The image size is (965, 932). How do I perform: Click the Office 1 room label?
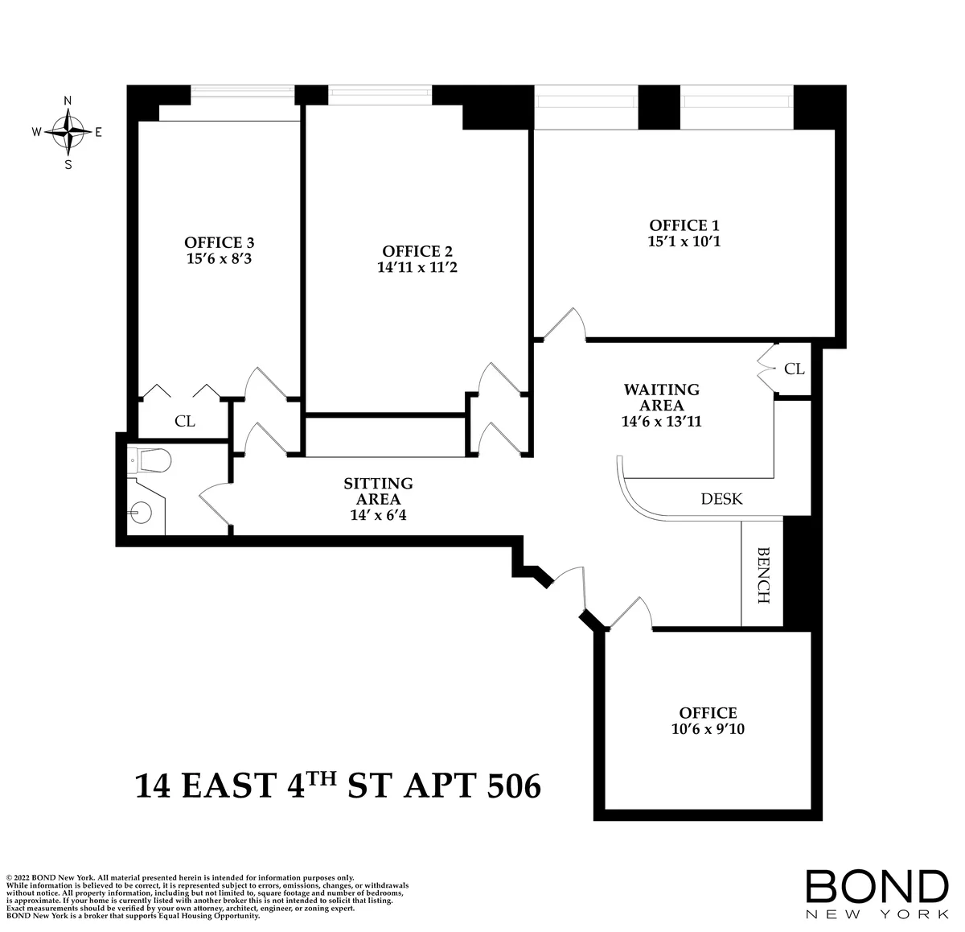tap(684, 225)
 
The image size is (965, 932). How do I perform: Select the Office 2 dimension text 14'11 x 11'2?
tap(417, 267)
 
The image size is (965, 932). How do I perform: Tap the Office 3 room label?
tap(220, 242)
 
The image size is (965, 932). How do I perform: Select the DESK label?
tap(721, 499)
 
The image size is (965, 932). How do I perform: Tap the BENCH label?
tap(762, 575)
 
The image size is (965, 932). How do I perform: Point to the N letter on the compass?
tap(68, 101)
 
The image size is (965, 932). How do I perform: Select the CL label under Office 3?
tap(184, 422)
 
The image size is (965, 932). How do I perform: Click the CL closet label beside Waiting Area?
tap(794, 369)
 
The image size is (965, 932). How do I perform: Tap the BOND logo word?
tap(877, 885)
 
